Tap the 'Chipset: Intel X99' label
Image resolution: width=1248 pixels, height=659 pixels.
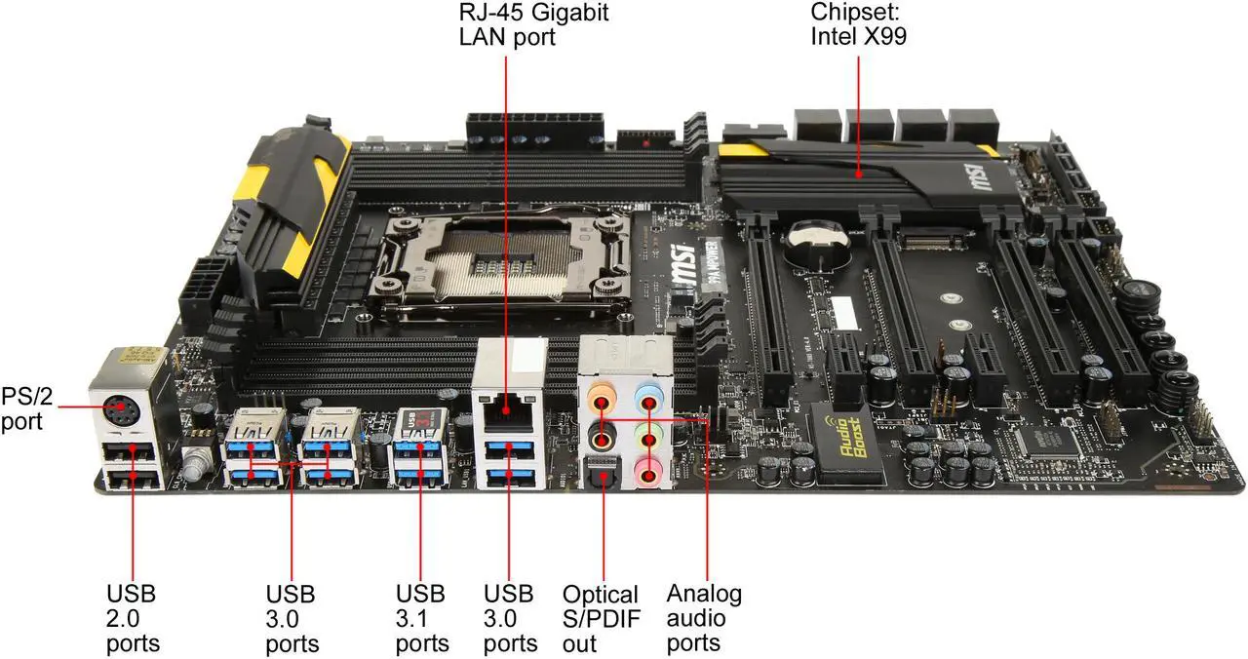[x=859, y=26]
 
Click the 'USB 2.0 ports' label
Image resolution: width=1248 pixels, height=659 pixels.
[x=132, y=618]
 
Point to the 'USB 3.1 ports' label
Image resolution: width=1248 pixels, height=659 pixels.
[x=422, y=618]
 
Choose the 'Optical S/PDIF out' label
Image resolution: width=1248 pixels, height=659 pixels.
[x=600, y=619]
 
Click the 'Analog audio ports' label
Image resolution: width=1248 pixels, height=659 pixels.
[x=704, y=618]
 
